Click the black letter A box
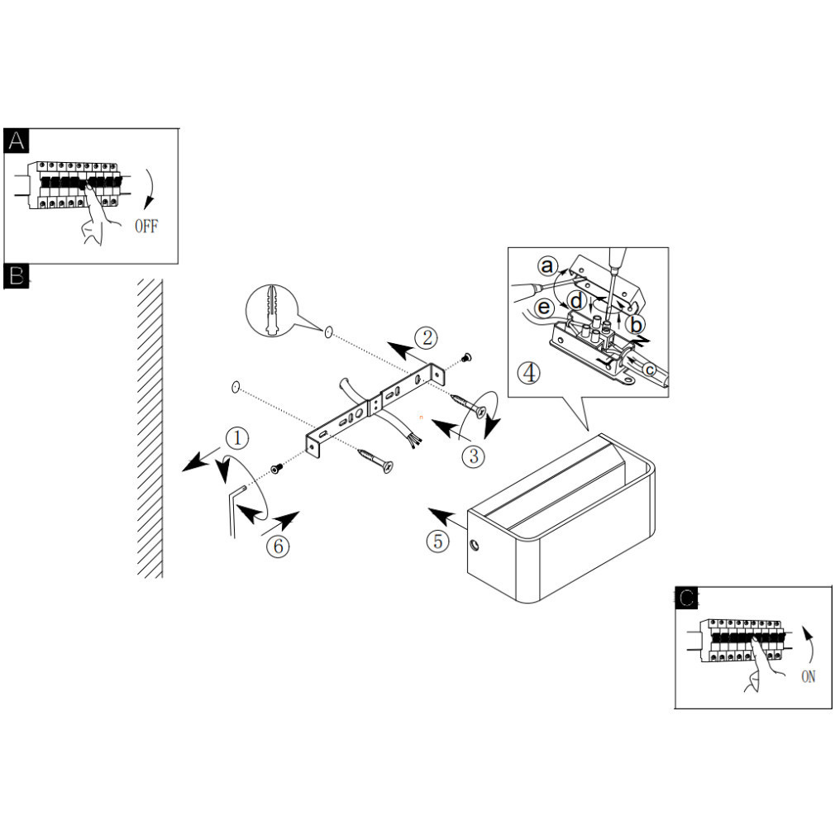17,141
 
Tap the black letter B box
17,276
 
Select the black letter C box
687,599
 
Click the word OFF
146,227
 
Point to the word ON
808,676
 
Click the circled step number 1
236,437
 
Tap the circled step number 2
426,337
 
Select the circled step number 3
472,456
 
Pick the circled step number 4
529,372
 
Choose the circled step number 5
438,542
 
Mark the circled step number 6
279,546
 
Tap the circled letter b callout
634,323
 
